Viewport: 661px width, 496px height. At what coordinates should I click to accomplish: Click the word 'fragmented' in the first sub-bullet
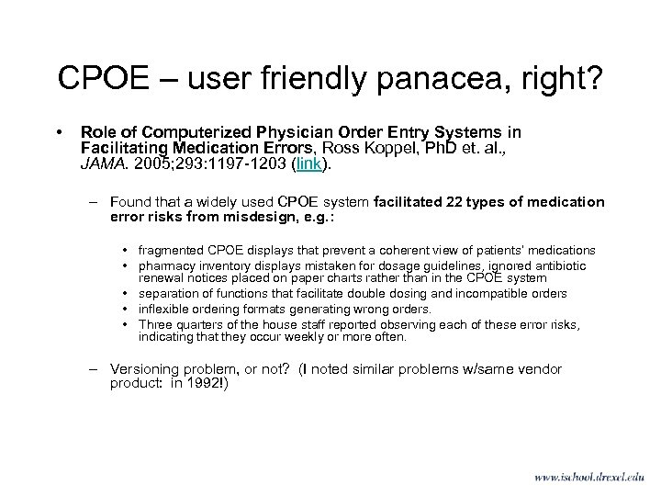[x=172, y=250]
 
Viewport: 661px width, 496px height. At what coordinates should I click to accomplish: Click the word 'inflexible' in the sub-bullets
[x=163, y=308]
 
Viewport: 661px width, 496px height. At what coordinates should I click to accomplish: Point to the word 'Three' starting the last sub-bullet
[x=153, y=322]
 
